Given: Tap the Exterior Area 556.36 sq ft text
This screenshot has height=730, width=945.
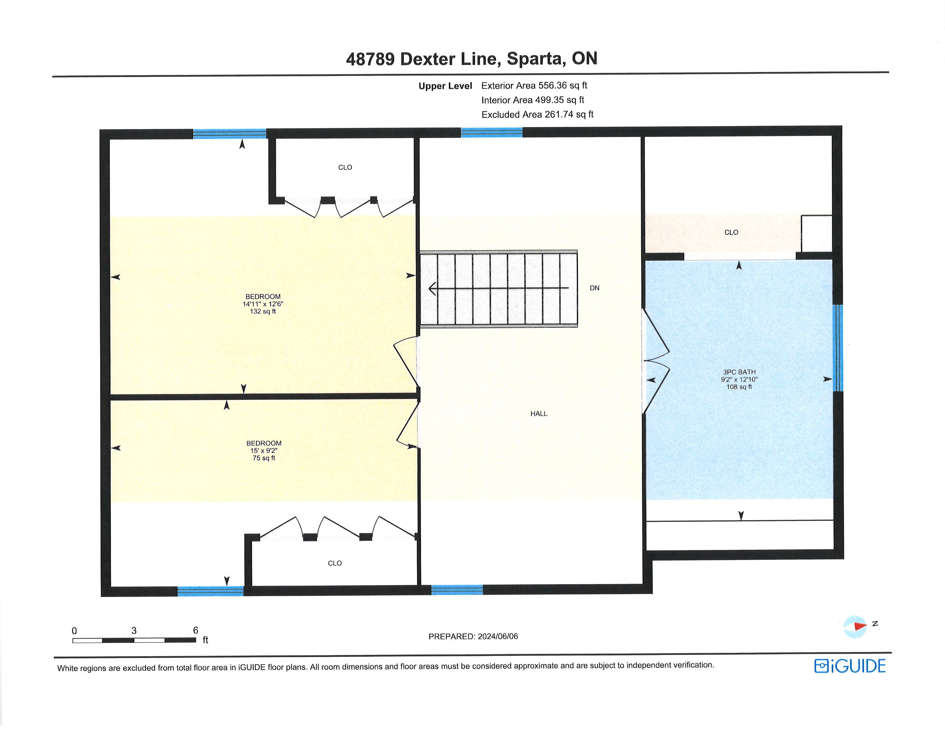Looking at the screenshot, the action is [x=534, y=85].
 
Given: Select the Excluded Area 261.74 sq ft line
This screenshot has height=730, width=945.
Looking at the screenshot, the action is [x=538, y=114].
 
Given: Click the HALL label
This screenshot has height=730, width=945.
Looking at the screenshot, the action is [x=539, y=414].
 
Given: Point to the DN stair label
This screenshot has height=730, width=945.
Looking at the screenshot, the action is [x=594, y=288].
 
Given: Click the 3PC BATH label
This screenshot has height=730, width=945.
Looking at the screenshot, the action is [x=739, y=372].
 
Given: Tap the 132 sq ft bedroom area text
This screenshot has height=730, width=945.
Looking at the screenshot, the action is [x=263, y=311].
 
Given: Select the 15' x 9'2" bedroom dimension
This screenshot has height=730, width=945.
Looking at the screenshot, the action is [x=264, y=451].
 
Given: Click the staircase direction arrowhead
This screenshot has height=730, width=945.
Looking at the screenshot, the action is [x=432, y=289].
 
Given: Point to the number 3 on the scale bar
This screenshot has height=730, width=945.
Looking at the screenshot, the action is [x=134, y=631].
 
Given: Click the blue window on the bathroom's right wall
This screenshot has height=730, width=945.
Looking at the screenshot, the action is [x=838, y=348].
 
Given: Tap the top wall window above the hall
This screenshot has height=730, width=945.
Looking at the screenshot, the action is [x=491, y=132].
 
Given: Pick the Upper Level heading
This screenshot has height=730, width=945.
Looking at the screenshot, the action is [x=445, y=86].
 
